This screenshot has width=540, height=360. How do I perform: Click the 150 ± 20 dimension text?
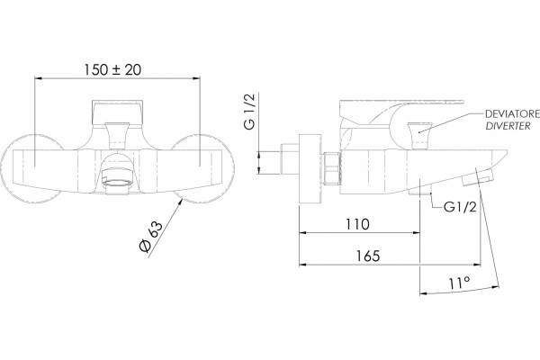tap(113, 70)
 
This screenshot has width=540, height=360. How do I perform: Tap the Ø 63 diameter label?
tap(150, 237)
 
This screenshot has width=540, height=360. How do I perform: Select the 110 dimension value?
tap(357, 224)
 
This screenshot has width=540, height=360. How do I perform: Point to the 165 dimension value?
tap(368, 256)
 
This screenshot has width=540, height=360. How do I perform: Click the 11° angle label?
tap(459, 283)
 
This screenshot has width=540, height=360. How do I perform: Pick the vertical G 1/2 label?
tap(249, 111)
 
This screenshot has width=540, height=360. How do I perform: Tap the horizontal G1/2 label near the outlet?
tap(460, 207)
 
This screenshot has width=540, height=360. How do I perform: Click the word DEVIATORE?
tap(512, 114)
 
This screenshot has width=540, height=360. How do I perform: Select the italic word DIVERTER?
tap(508, 126)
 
